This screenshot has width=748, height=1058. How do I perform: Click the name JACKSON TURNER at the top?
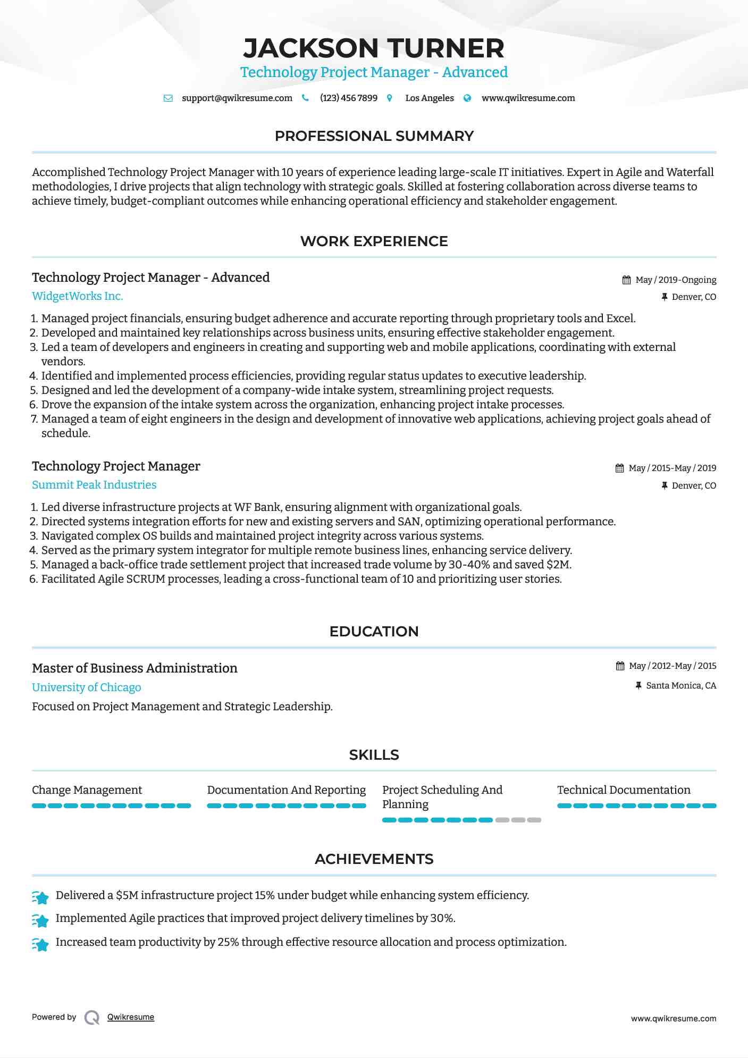374,48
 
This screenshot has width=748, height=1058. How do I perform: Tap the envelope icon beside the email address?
168,98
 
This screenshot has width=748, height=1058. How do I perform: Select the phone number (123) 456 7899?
348,98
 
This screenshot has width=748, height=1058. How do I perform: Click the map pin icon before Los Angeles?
390,98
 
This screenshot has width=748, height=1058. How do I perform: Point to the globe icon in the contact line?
467,98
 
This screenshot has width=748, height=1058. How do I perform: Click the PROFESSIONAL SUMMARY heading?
374,136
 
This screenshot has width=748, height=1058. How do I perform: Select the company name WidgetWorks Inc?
77,296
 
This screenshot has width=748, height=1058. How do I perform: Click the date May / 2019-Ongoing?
676,280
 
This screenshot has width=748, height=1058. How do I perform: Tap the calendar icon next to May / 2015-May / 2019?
619,468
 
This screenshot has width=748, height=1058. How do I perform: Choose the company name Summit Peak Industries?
94,485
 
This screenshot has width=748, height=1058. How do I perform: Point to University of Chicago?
86,687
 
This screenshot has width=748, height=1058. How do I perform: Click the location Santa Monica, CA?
681,686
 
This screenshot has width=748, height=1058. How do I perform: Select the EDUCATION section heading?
374,632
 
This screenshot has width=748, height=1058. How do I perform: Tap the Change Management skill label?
87,790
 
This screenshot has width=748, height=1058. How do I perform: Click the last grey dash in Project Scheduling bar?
534,820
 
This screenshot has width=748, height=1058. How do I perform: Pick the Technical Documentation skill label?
624,790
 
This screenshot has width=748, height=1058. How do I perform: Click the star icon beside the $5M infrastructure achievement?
40,897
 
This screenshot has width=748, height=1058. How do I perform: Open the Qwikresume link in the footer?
131,1017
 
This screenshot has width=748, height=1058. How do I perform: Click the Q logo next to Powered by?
92,1018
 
